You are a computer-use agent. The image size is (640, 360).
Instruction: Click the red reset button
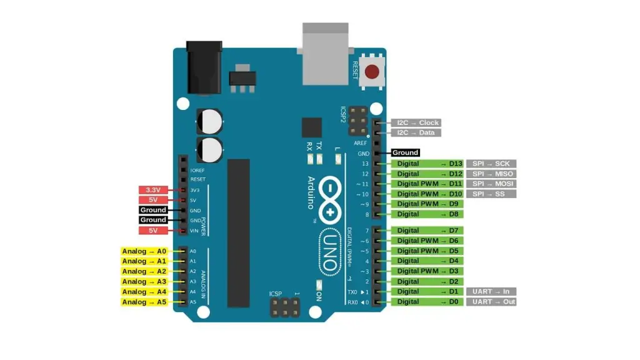tap(373, 72)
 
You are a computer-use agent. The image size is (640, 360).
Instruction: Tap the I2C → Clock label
tap(417, 122)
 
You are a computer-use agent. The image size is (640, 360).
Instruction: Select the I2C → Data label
tap(417, 132)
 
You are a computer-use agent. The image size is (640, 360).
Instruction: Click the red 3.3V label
tap(153, 190)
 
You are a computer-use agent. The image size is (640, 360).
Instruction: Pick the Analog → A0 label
tap(144, 251)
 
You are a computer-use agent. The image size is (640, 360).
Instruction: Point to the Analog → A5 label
tap(144, 302)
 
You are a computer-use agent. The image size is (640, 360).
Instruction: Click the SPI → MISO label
tap(492, 174)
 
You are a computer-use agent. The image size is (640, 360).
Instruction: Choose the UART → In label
tap(491, 291)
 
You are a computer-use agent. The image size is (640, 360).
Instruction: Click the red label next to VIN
tap(153, 231)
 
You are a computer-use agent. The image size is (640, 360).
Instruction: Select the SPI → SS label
tap(492, 194)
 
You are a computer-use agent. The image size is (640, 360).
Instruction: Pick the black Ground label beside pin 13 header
tap(405, 152)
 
